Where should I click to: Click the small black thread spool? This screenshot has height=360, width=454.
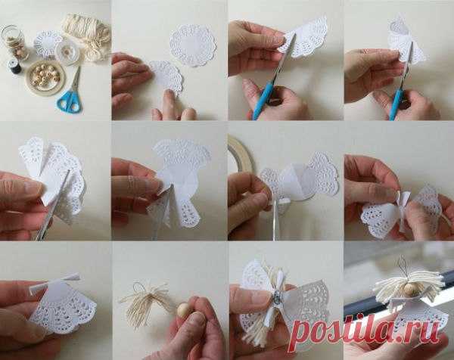pyautogui.click(x=14, y=67)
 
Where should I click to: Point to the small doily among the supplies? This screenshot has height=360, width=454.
pyautogui.click(x=48, y=45)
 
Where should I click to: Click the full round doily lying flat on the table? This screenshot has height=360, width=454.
pyautogui.click(x=192, y=45)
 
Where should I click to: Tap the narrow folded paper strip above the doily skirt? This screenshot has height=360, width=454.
pyautogui.click(x=55, y=281)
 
